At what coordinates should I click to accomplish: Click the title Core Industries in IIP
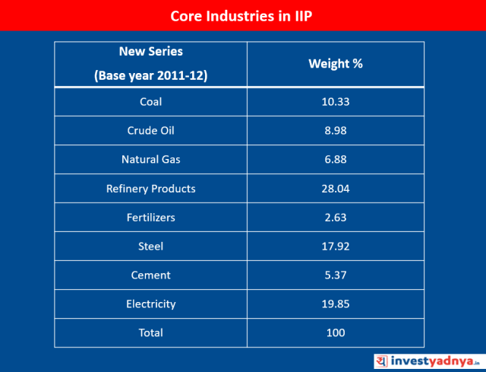tap(242, 15)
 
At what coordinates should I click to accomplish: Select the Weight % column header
tap(335, 64)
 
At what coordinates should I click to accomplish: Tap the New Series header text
tap(150, 52)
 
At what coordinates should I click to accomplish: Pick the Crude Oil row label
tap(150, 131)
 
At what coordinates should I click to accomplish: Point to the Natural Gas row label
tap(150, 160)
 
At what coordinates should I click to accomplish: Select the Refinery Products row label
tap(150, 189)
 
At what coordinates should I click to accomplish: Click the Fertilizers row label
tap(150, 218)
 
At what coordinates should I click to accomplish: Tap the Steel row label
tap(150, 246)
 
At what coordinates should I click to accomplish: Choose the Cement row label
tap(150, 275)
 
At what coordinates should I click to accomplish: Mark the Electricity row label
tap(150, 304)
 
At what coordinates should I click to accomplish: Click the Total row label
tap(150, 333)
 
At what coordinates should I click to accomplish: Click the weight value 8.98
tap(335, 131)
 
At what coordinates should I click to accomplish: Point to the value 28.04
tap(335, 189)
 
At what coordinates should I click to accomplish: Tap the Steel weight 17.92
tap(335, 246)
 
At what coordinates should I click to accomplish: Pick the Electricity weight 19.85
tap(335, 304)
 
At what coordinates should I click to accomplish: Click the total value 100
tap(335, 333)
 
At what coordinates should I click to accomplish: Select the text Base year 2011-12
tap(150, 76)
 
